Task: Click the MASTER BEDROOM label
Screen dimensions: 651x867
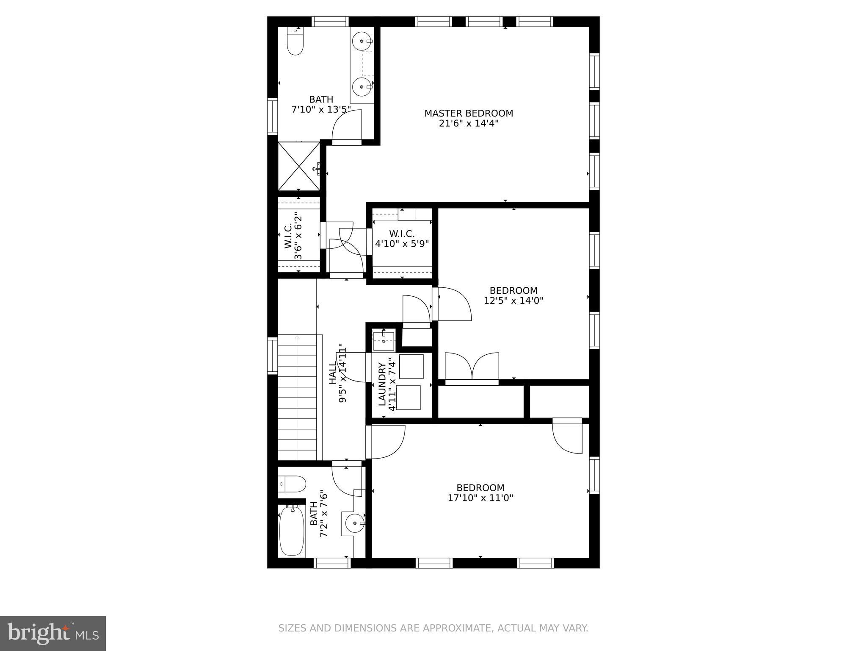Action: click(x=469, y=113)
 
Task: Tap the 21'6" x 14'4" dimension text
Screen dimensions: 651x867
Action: click(x=469, y=124)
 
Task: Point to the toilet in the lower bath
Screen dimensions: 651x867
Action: click(x=293, y=483)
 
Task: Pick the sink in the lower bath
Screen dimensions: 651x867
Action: click(x=355, y=523)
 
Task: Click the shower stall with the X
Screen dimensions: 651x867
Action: click(x=298, y=166)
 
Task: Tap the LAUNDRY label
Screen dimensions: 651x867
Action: click(x=382, y=384)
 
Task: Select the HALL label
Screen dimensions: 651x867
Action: click(x=333, y=373)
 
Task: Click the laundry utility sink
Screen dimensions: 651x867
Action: click(x=384, y=341)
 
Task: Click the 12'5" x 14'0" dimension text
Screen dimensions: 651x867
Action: click(x=514, y=301)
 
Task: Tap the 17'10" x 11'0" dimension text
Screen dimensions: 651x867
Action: click(x=480, y=498)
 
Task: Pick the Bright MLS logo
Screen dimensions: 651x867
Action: click(x=53, y=634)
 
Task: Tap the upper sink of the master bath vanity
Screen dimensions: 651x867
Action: click(x=362, y=42)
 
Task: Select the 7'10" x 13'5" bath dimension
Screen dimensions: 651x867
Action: click(x=321, y=110)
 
